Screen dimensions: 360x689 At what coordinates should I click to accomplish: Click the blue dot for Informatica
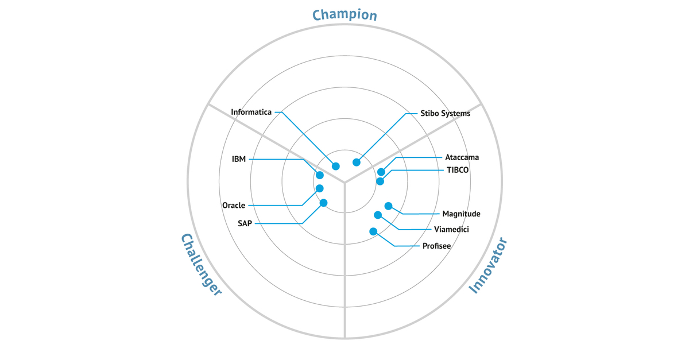coord(336,167)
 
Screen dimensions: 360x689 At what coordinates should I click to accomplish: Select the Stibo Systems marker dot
coord(357,162)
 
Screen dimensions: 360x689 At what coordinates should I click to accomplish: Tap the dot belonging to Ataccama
coord(381,172)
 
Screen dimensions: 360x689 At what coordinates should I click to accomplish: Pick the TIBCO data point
coord(380,181)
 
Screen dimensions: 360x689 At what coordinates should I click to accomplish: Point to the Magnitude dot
coord(388,206)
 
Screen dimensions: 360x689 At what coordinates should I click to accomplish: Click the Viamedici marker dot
coord(378,215)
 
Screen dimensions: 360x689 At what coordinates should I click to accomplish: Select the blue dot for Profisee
coord(373,231)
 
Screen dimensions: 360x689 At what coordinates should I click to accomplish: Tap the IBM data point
coord(320,175)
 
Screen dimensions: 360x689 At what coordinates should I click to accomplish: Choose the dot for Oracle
coord(320,188)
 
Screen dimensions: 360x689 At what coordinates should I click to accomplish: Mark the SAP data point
coord(323,203)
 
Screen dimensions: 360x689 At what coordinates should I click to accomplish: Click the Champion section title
coord(344,14)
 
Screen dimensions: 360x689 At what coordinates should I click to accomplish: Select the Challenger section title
coord(201,264)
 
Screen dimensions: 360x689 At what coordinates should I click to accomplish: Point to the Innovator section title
coord(489,265)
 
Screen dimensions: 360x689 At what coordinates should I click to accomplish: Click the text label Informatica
coord(251,112)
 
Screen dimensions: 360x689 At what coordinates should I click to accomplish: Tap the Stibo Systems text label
coord(445,114)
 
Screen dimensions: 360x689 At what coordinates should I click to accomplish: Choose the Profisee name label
coord(436,246)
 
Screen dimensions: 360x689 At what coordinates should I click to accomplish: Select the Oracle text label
coord(234,206)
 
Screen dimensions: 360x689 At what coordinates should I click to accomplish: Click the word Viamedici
coord(452,230)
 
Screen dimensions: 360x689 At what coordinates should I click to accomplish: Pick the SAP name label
coord(245,223)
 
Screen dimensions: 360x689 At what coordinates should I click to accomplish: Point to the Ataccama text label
coord(462,157)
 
